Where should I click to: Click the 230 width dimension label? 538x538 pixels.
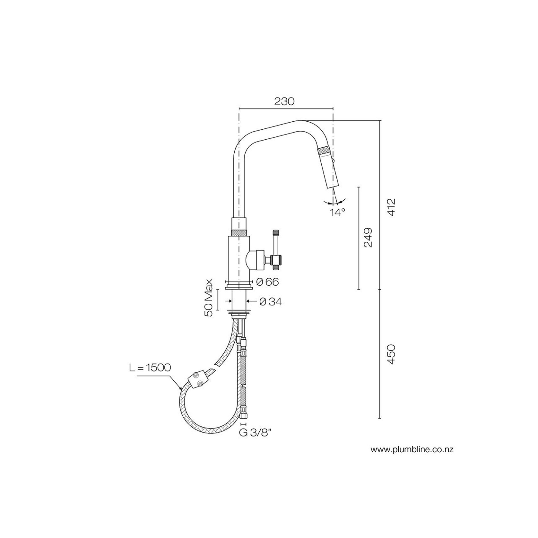tap(284, 101)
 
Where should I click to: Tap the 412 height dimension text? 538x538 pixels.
tap(392, 207)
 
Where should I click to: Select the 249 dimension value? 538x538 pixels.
tap(368, 238)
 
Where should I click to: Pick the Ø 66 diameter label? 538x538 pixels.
tap(268, 282)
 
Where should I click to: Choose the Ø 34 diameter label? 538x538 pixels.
tap(270, 301)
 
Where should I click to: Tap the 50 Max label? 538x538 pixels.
tap(209, 298)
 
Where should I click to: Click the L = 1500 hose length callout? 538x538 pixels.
tap(150, 368)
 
